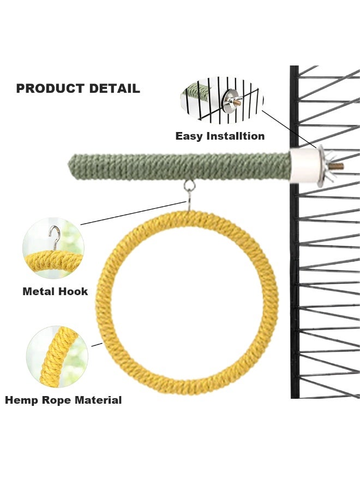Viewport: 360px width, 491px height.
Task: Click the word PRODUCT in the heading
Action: pyautogui.click(x=50, y=88)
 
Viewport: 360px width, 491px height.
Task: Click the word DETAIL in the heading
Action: pyautogui.click(x=115, y=88)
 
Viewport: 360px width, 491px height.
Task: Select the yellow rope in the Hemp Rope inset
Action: pyautogui.click(x=58, y=356)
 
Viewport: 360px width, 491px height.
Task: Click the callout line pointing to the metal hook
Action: pyautogui.click(x=133, y=213)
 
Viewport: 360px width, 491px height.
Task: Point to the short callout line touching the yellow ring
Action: pyautogui.click(x=97, y=345)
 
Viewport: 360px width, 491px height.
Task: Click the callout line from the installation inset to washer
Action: pyautogui.click(x=290, y=129)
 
